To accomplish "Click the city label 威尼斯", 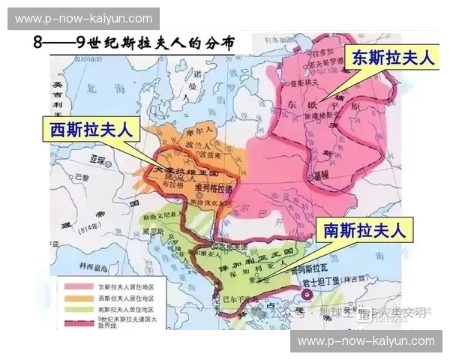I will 153,231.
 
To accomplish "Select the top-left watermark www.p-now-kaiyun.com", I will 83,18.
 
